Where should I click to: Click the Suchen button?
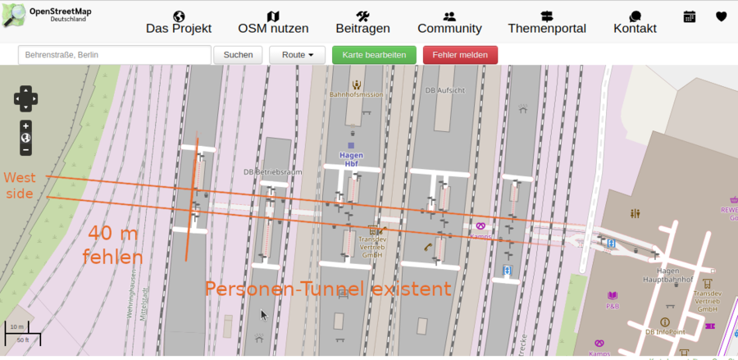pyautogui.click(x=238, y=55)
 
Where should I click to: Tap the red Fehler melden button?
pyautogui.click(x=460, y=55)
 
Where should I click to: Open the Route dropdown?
pyautogui.click(x=297, y=55)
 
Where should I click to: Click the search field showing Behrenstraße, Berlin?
pyautogui.click(x=114, y=55)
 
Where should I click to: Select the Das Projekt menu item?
pyautogui.click(x=179, y=22)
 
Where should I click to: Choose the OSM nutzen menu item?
pyautogui.click(x=273, y=22)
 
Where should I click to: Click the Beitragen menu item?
pyautogui.click(x=362, y=22)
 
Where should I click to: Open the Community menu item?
pyautogui.click(x=449, y=22)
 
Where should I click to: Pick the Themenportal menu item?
pyautogui.click(x=547, y=22)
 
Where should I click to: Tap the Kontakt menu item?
pyautogui.click(x=635, y=22)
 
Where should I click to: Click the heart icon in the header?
pyautogui.click(x=721, y=16)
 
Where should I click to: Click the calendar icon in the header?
pyautogui.click(x=690, y=16)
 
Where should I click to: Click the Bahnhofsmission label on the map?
pyautogui.click(x=356, y=94)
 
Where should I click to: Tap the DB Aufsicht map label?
pyautogui.click(x=446, y=90)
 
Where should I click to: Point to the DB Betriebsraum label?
pyautogui.click(x=273, y=172)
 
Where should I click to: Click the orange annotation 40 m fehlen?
pyautogui.click(x=113, y=245)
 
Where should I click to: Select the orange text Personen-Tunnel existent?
pyautogui.click(x=328, y=289)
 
